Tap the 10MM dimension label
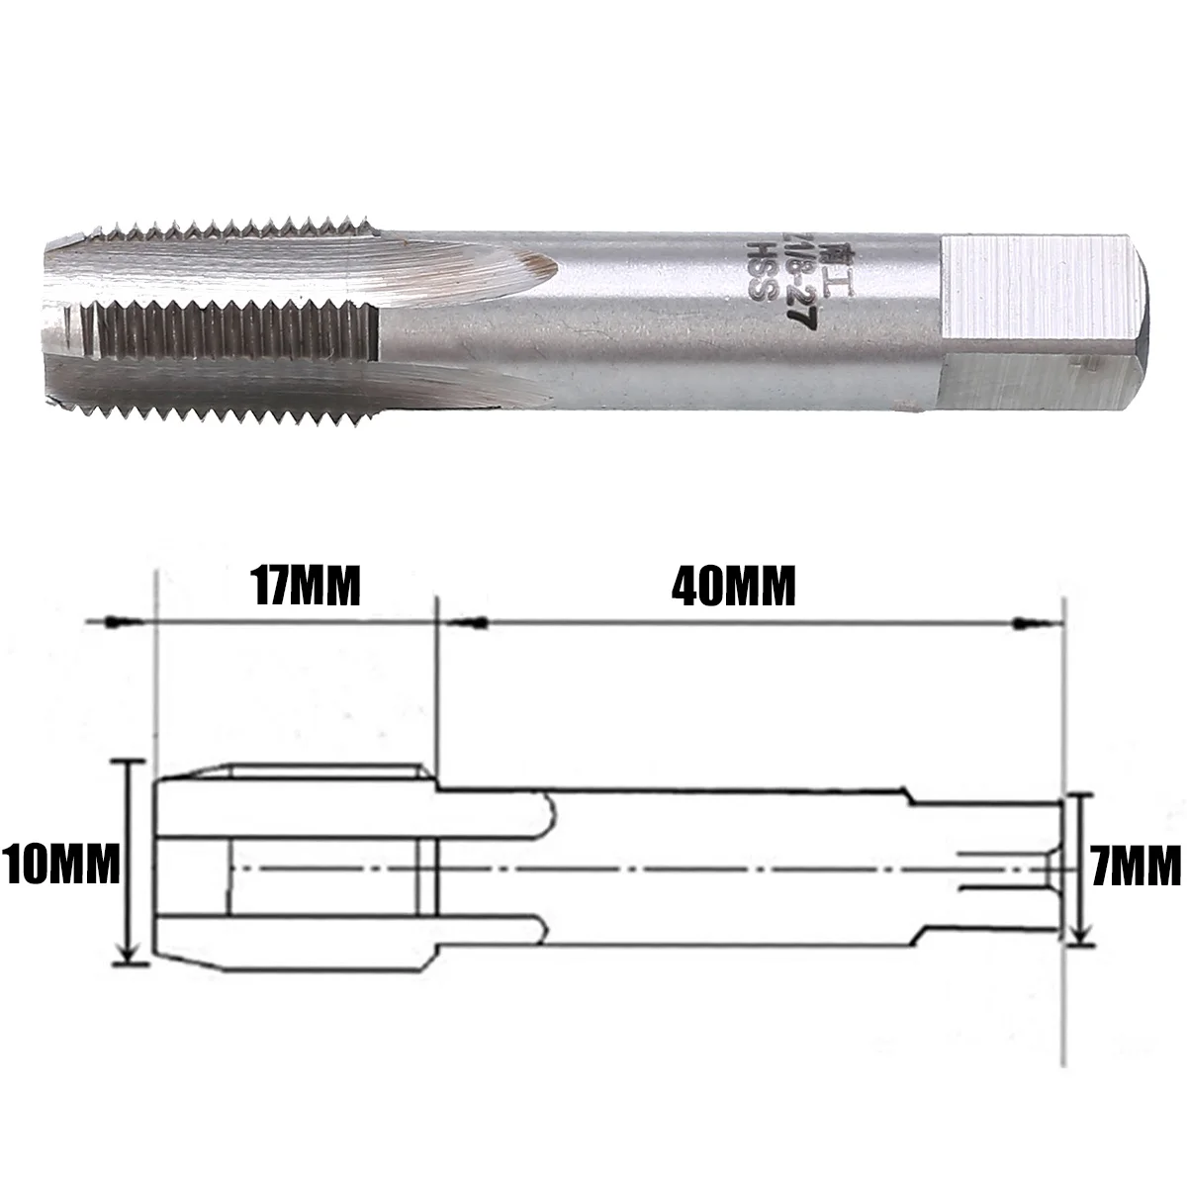tap(60, 866)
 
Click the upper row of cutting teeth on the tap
tap(228, 231)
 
